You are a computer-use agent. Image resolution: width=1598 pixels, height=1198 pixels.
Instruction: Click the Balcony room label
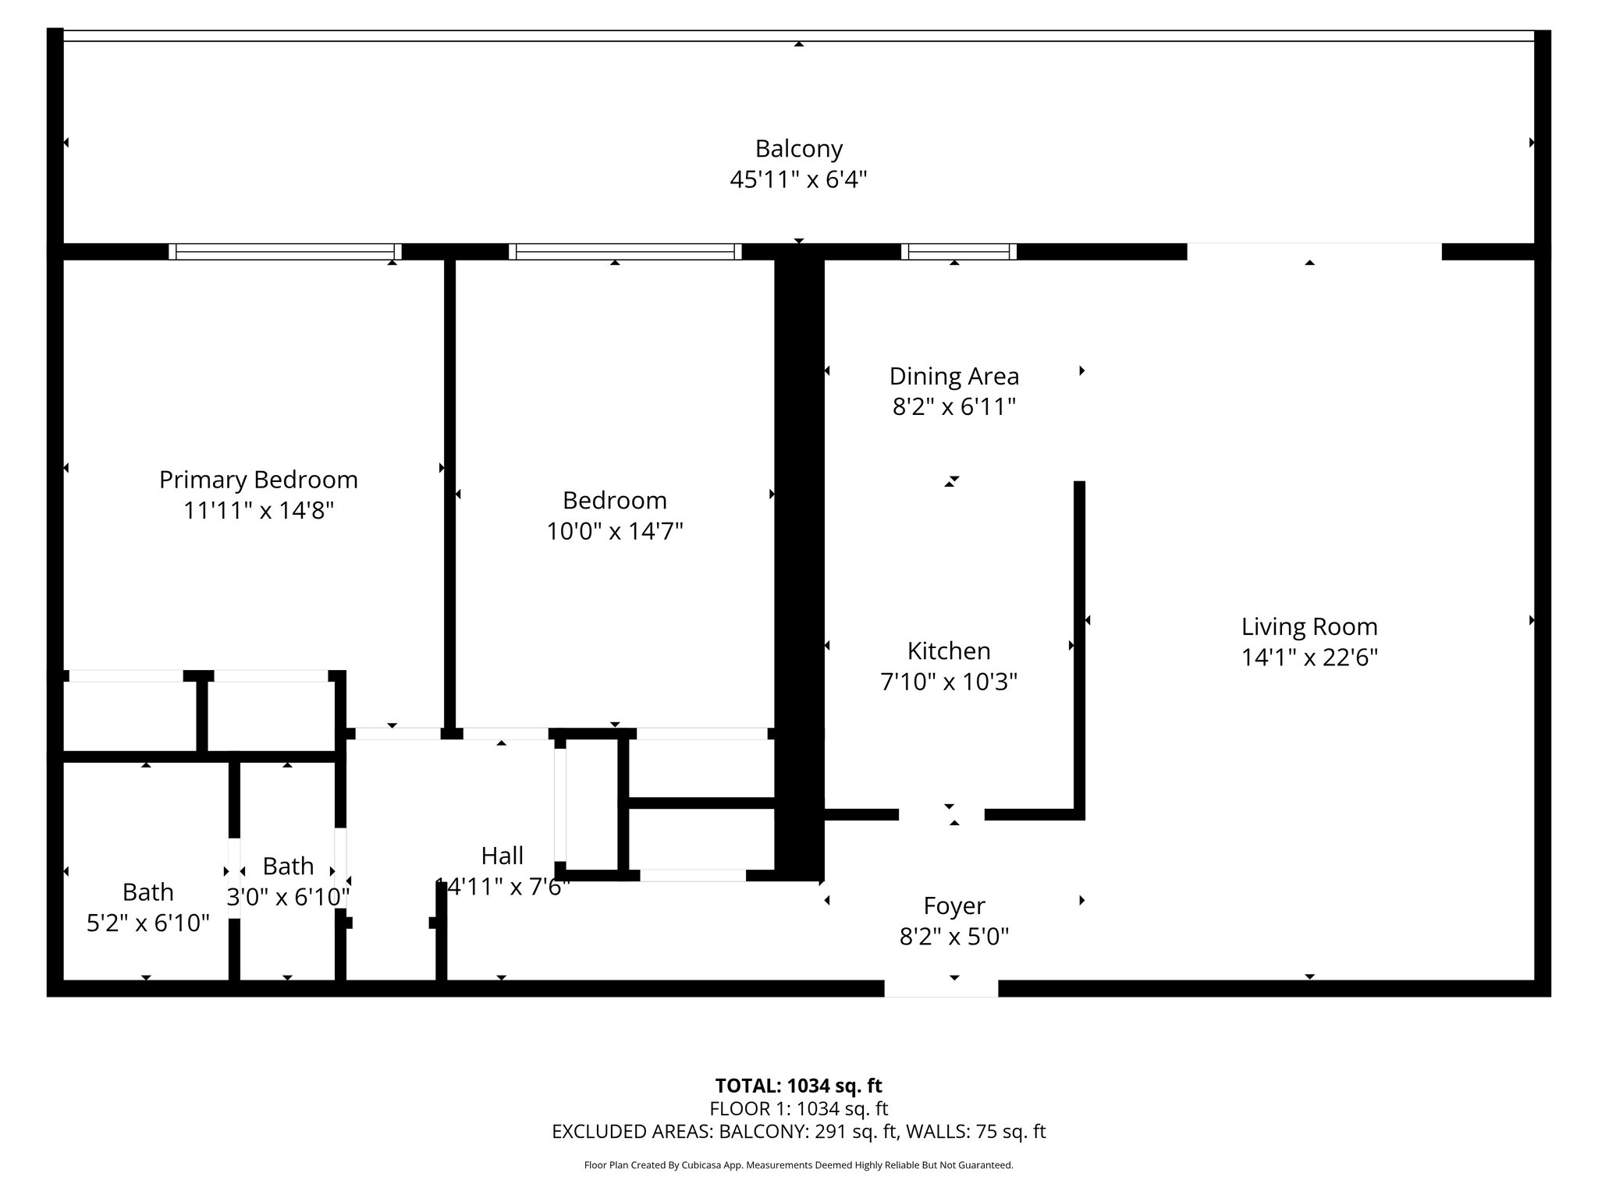tap(798, 148)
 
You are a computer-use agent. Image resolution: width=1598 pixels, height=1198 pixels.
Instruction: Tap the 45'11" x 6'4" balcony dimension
tap(798, 180)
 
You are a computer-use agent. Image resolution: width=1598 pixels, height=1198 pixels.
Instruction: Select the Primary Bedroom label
tap(258, 480)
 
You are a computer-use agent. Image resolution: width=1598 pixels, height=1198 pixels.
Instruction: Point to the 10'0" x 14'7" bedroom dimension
tap(615, 531)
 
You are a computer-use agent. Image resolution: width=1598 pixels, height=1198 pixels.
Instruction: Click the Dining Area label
tap(954, 377)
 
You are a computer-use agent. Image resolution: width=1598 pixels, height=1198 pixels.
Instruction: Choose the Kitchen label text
tap(949, 650)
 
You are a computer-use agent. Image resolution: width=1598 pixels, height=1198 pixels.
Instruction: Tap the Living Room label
tap(1309, 626)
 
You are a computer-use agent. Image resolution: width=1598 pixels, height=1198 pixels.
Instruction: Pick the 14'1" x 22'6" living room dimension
tap(1309, 657)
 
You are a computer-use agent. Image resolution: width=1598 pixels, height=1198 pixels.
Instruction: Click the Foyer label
tap(954, 906)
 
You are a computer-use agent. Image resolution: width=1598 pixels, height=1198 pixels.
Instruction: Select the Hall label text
tap(502, 856)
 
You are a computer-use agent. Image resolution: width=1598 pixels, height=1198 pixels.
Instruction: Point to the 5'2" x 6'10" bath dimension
tap(147, 923)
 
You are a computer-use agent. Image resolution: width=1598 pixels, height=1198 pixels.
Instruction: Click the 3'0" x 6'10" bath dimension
tap(288, 897)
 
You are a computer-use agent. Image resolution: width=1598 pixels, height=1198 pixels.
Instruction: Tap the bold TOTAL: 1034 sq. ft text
tap(798, 1086)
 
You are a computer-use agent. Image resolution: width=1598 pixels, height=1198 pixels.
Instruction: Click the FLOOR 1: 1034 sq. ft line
tap(798, 1108)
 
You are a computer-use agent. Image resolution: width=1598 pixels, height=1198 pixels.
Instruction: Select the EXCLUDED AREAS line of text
tap(798, 1132)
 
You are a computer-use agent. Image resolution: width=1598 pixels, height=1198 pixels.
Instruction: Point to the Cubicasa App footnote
tap(798, 1165)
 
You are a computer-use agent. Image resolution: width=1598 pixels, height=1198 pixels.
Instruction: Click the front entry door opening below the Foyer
tap(941, 988)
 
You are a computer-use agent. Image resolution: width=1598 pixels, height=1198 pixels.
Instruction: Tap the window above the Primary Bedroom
tap(285, 251)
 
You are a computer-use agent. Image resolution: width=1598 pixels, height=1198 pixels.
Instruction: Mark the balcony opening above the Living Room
tap(1314, 251)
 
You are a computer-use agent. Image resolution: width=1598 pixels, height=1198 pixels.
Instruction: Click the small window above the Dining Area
tap(959, 251)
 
